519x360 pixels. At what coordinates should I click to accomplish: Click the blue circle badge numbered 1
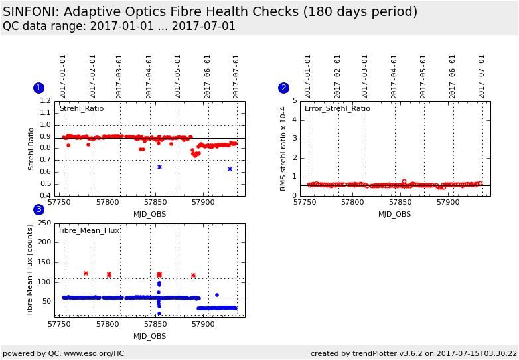[x=38, y=88]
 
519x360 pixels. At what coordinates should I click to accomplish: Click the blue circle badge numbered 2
[x=283, y=88]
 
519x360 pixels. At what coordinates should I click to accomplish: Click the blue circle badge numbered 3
[x=38, y=209]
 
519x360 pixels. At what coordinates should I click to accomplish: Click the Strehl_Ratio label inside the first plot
[x=82, y=108]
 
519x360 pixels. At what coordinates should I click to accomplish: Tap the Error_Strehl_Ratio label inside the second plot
[x=337, y=108]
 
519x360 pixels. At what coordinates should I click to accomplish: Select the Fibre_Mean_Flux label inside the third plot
[x=90, y=230]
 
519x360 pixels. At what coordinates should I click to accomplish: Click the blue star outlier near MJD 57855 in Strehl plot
[x=159, y=167]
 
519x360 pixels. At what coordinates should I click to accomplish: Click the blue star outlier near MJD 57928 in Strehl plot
[x=230, y=169]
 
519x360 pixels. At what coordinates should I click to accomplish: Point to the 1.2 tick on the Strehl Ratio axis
[x=45, y=101]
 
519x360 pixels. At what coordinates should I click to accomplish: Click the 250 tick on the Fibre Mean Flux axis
[x=44, y=223]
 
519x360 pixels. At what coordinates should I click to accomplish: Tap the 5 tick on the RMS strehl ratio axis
[x=294, y=101]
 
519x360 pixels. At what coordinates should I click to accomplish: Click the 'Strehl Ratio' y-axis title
[x=31, y=149]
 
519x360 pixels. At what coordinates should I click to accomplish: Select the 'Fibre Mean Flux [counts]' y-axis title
[x=30, y=270]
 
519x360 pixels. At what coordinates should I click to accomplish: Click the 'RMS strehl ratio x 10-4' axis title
[x=283, y=149]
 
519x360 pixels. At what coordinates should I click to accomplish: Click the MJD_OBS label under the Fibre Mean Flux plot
[x=150, y=336]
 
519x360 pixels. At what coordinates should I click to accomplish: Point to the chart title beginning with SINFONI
[x=210, y=12]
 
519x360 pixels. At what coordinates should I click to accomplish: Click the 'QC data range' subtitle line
[x=119, y=27]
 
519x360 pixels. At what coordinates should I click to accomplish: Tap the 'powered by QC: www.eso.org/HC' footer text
[x=64, y=353]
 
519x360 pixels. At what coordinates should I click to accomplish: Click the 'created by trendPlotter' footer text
[x=413, y=353]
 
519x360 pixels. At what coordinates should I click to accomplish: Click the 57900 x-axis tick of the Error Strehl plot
[x=448, y=202]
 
